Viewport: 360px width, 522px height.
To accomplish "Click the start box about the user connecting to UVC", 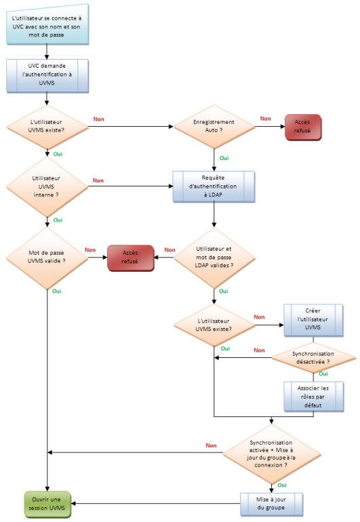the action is [47, 24].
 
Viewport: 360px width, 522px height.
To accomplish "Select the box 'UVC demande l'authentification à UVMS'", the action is [47, 75].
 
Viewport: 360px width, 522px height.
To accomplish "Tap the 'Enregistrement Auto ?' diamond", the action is [214, 127].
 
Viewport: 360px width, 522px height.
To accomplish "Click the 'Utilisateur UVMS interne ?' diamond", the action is [47, 186].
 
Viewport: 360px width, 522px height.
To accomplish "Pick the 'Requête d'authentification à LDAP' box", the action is [214, 186].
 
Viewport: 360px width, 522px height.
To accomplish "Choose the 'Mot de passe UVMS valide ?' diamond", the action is [47, 258].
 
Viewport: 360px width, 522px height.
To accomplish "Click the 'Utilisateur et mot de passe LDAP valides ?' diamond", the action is [214, 258].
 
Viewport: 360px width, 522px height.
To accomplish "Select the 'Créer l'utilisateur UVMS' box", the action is [313, 320].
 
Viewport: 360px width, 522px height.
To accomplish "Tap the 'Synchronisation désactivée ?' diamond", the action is [313, 358].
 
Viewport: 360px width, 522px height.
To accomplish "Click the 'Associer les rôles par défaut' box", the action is [313, 397].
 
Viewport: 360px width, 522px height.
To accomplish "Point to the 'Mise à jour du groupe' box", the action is [271, 504].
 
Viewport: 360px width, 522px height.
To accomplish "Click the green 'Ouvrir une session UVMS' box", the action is [47, 504].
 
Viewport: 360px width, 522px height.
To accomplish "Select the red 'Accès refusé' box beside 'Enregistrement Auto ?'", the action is [303, 127].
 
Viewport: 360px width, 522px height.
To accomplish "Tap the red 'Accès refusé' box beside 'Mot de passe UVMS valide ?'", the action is [131, 258].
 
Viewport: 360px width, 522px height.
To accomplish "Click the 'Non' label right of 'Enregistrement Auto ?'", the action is [265, 119].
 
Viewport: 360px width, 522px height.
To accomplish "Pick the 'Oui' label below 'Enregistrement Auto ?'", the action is [224, 158].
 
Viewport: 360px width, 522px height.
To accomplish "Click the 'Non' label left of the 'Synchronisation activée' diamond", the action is [211, 445].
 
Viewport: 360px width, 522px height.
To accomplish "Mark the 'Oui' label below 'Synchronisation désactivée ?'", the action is [323, 374].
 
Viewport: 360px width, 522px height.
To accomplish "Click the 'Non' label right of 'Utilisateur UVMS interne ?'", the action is [98, 180].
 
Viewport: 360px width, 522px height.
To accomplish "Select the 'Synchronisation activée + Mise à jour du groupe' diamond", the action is [272, 454].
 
